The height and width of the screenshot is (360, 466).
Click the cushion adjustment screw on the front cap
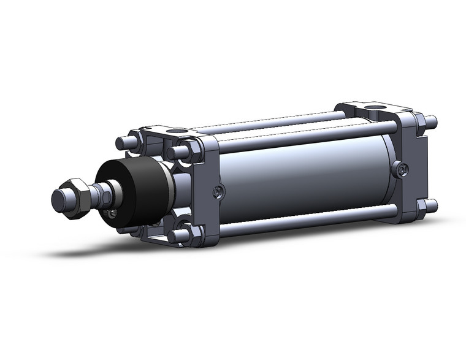click(x=219, y=192)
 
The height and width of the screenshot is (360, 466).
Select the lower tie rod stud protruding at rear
click(x=432, y=205)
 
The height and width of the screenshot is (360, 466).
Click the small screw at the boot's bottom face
click(x=113, y=212)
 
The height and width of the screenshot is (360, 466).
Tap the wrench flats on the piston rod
click(x=104, y=194)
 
